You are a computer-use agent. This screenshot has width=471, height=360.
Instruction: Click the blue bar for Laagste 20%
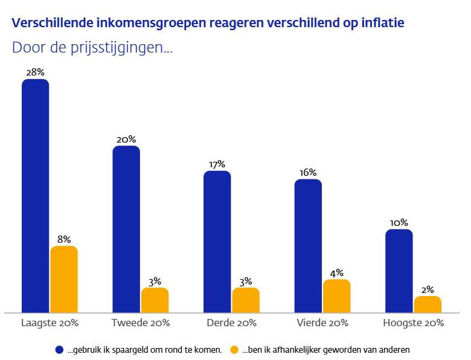(x=36, y=196)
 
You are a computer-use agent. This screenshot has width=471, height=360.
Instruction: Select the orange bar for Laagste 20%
(x=64, y=279)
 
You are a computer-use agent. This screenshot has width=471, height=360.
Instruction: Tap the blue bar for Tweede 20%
(x=126, y=229)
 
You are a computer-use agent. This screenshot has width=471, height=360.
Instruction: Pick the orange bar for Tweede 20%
(x=155, y=300)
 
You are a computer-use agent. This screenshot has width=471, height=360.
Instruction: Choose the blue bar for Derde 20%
(x=217, y=242)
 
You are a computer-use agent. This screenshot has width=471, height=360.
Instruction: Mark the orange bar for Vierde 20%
(x=337, y=296)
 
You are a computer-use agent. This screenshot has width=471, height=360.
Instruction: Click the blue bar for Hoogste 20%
(x=399, y=271)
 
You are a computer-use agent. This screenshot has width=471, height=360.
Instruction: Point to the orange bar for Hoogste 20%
(x=428, y=304)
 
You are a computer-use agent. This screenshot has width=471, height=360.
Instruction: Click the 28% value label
(x=35, y=72)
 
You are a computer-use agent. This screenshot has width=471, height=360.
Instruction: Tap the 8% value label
(x=64, y=239)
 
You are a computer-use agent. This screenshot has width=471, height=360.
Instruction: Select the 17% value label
(x=217, y=164)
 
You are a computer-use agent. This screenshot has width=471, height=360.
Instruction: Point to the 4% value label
(x=337, y=272)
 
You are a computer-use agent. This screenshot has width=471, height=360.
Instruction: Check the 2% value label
(x=428, y=289)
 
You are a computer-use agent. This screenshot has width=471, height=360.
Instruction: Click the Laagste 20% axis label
(x=50, y=323)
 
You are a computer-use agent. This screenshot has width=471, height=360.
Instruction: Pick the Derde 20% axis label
(x=231, y=323)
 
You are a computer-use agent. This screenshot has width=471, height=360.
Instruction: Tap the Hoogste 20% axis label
(x=414, y=323)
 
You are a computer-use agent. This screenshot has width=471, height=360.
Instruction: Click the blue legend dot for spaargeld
(x=59, y=349)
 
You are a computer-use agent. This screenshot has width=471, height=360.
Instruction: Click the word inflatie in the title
(x=383, y=23)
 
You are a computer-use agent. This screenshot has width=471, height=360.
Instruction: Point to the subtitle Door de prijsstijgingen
(x=92, y=48)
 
